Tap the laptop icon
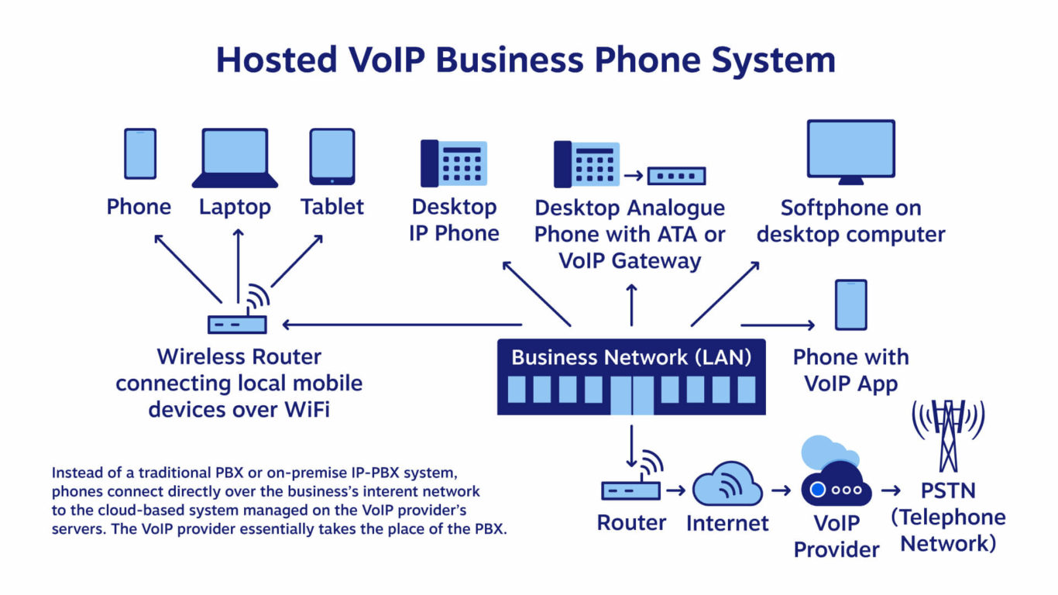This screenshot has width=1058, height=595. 235,158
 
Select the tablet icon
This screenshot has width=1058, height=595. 332,156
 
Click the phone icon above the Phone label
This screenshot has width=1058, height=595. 140,153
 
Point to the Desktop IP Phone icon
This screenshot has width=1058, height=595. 453,163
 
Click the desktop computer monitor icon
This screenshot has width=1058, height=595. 850,152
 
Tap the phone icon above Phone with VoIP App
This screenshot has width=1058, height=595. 850,305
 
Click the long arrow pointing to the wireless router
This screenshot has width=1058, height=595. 403,325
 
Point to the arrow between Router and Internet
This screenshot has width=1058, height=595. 676,490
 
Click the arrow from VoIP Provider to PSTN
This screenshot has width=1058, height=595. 891,490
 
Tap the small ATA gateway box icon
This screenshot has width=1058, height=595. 676,176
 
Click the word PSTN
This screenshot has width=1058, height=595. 947,490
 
